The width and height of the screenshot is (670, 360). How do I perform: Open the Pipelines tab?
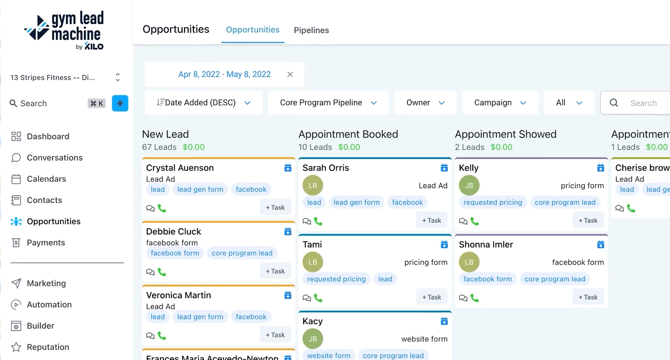click(x=311, y=30)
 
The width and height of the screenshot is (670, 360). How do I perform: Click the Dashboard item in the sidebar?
click(x=48, y=137)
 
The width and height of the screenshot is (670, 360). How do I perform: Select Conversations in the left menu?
click(x=54, y=158)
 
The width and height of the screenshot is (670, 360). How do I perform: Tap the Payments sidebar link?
click(x=46, y=243)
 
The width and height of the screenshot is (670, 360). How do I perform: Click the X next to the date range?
click(x=290, y=74)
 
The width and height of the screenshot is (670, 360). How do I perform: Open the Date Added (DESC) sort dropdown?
click(x=204, y=103)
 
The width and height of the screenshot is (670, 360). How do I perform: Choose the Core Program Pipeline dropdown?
click(x=328, y=103)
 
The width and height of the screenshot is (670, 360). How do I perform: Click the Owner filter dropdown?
click(x=425, y=103)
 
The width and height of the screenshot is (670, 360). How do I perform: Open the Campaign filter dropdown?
click(x=500, y=103)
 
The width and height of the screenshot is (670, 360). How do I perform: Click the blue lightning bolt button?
click(x=120, y=103)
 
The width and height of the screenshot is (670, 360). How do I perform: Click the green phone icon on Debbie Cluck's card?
click(x=162, y=272)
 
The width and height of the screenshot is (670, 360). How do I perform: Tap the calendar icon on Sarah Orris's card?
click(x=444, y=168)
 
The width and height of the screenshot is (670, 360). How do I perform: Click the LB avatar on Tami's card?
click(x=312, y=262)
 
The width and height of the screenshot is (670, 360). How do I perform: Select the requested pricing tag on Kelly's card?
click(x=493, y=202)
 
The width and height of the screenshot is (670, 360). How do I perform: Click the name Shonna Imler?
click(x=486, y=245)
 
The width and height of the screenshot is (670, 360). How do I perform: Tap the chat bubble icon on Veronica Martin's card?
click(x=150, y=336)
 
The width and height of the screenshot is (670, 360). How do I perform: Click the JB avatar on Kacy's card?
click(x=312, y=339)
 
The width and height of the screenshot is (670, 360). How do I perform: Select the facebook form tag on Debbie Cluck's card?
click(x=175, y=253)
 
